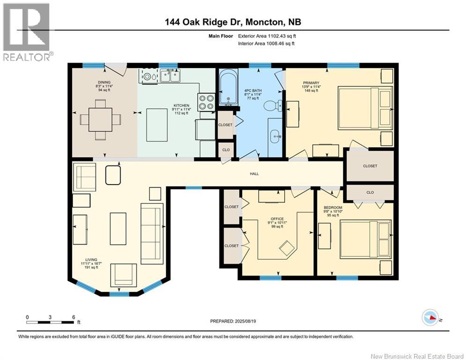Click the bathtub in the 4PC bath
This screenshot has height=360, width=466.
[x=228, y=88]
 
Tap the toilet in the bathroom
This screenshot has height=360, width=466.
[x=271, y=106]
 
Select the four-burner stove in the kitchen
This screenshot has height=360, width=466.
[x=207, y=102]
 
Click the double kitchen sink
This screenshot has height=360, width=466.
[x=170, y=75]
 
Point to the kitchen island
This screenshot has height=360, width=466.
[x=157, y=125]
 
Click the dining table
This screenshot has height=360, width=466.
[x=100, y=120]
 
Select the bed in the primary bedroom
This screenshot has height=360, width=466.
[x=365, y=108]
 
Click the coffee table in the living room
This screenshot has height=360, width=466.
[x=118, y=228]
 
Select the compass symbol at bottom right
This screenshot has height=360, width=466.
[x=430, y=318]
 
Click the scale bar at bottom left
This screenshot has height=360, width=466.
[x=50, y=322]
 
